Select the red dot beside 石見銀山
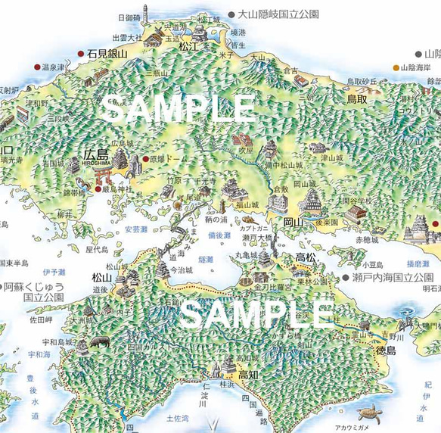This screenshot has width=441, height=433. [81, 54]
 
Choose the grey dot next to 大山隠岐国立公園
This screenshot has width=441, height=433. [231, 14]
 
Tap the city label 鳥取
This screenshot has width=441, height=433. [356, 99]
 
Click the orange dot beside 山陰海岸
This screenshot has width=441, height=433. [396, 68]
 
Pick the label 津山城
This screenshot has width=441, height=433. [331, 157]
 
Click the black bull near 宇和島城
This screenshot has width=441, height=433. [99, 342]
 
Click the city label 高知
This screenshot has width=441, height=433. [249, 375]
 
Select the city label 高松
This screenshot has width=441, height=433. [305, 258]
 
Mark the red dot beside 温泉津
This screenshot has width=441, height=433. [36, 67]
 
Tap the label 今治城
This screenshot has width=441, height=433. [182, 269]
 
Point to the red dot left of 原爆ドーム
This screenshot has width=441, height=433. [145, 159]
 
